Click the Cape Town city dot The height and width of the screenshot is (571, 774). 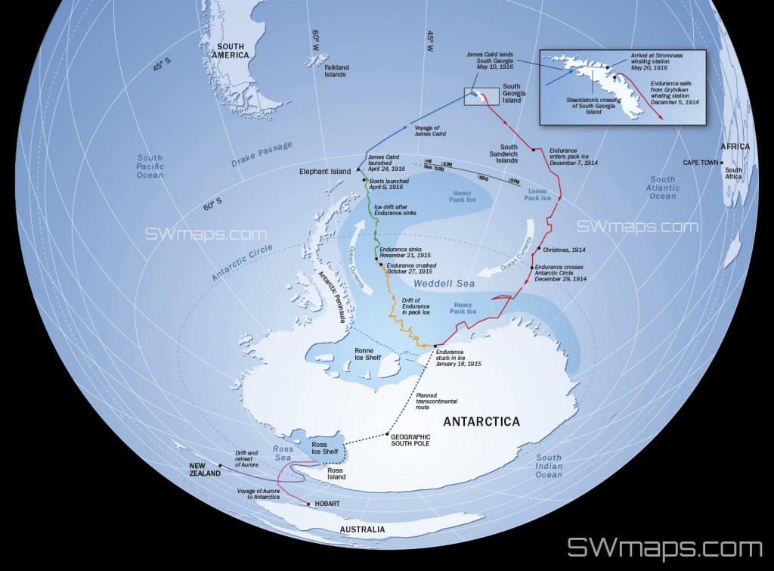[x=722, y=162]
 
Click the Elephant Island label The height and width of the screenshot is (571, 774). [x=325, y=172]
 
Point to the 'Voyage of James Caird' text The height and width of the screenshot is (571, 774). [x=430, y=130]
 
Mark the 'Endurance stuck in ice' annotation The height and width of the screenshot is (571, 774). [x=459, y=358]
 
